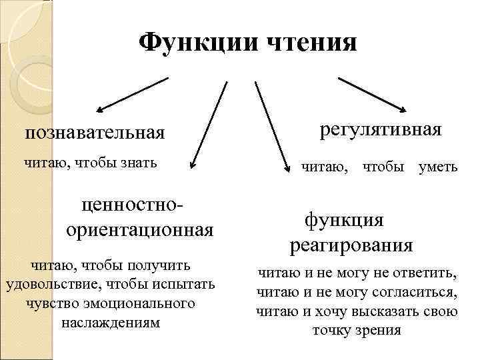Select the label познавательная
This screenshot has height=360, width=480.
pyautogui.click(x=95, y=133)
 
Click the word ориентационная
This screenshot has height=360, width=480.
pyautogui.click(x=140, y=230)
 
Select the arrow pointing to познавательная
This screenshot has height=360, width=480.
pyautogui.click(x=133, y=94)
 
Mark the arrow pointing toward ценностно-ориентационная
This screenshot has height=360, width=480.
pyautogui.click(x=208, y=124)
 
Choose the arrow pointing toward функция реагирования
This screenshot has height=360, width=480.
pyautogui.click(x=271, y=124)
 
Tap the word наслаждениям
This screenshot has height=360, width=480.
pyautogui.click(x=111, y=322)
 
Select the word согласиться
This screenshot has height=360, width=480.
pyautogui.click(x=415, y=292)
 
